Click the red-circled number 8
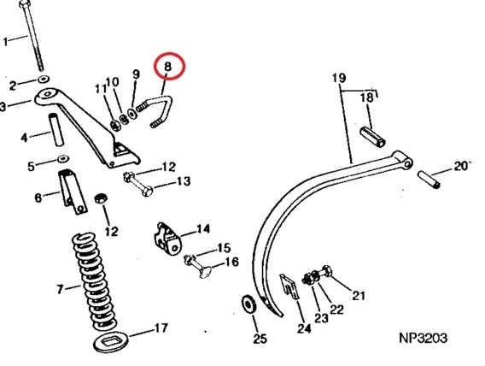tap(167, 66)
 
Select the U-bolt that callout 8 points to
tap(161, 111)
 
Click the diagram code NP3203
tap(423, 338)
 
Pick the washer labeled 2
tap(44, 80)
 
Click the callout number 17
tap(161, 328)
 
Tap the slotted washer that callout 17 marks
tap(111, 342)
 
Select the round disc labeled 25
tap(248, 304)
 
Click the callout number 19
tap(339, 78)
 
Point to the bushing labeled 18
tap(373, 137)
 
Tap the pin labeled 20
tap(428, 180)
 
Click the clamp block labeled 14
tap(167, 239)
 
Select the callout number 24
tap(304, 328)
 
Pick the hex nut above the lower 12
tap(101, 198)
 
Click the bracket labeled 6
tap(73, 192)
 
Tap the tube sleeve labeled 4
tap(56, 129)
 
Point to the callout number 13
tap(184, 180)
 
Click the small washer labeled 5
tap(63, 158)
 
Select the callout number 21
tap(359, 296)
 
